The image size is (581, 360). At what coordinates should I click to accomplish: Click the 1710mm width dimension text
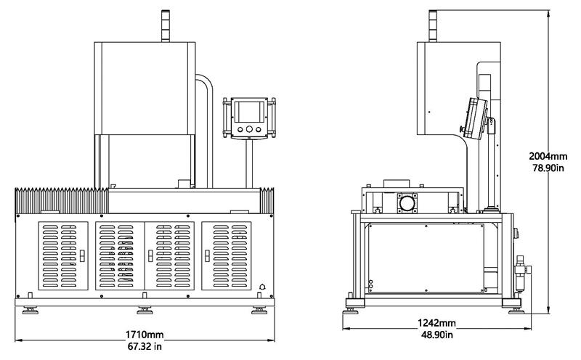pyautogui.click(x=145, y=335)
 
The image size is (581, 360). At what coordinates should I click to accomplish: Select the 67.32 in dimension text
pyautogui.click(x=145, y=345)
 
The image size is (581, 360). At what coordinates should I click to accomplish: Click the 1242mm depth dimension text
pyautogui.click(x=436, y=323)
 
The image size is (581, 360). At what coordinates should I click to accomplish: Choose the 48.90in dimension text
pyautogui.click(x=436, y=335)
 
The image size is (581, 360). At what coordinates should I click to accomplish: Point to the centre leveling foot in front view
pyautogui.click(x=145, y=311)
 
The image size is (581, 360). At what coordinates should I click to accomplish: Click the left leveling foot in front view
pyautogui.click(x=31, y=311)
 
